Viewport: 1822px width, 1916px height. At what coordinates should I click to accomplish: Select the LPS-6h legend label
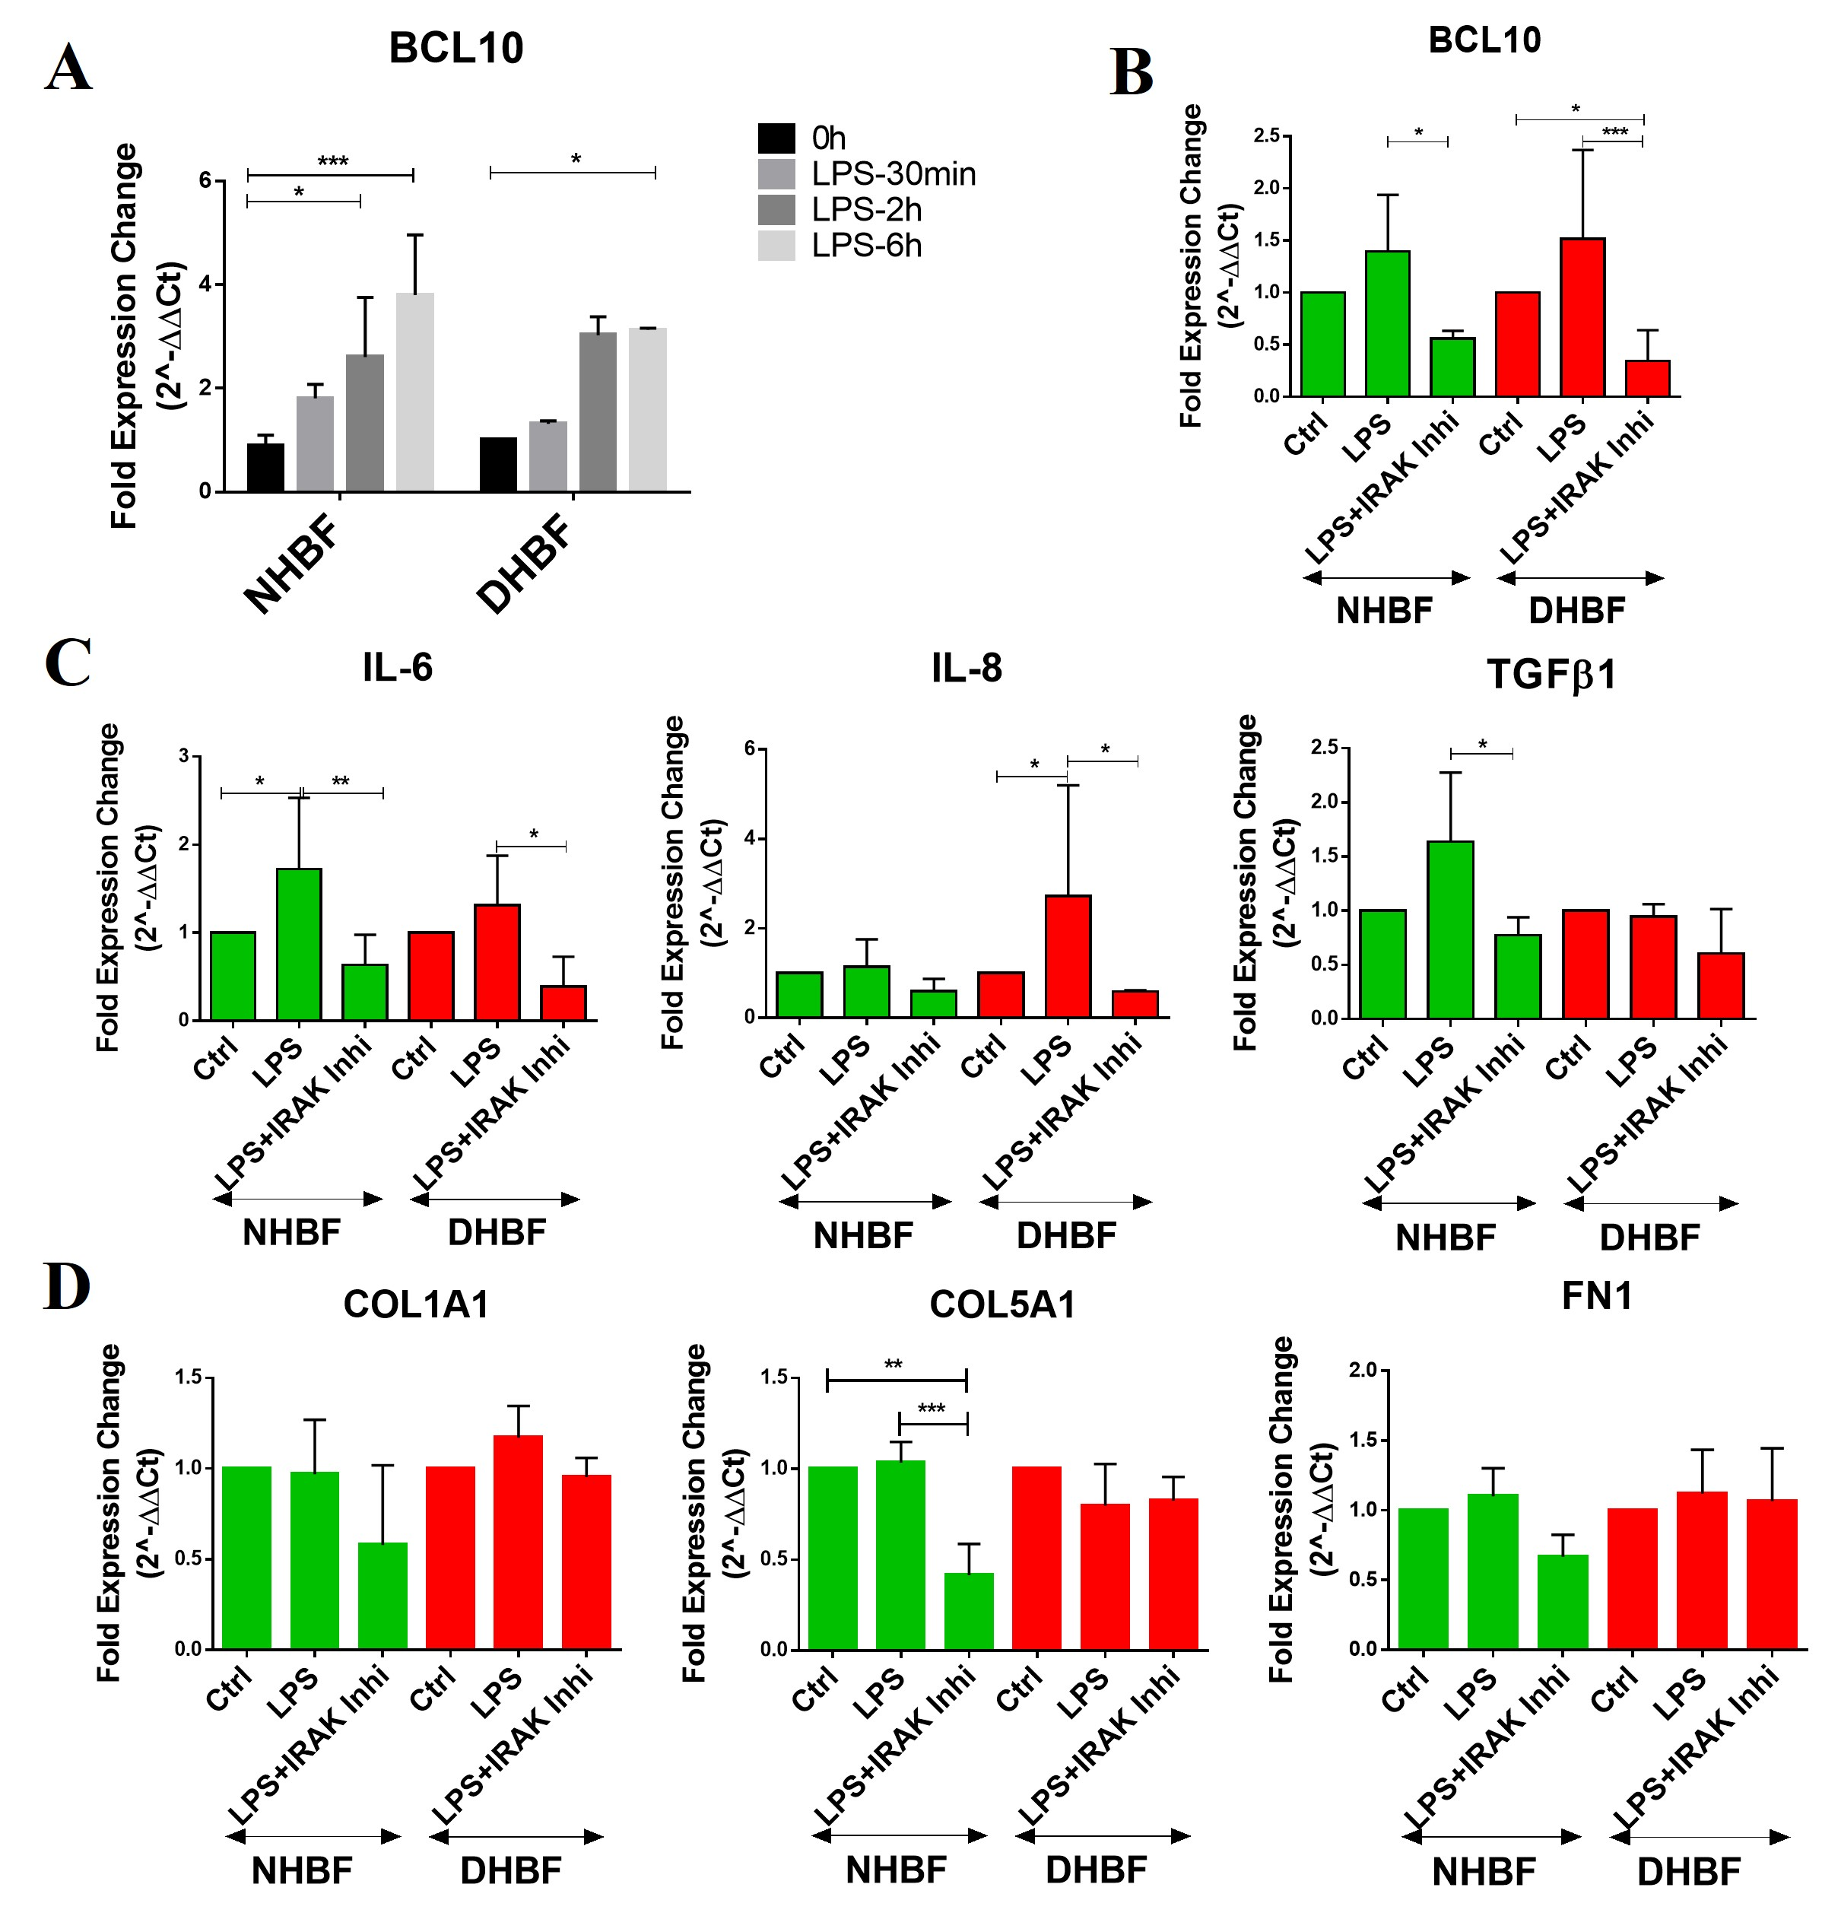point(866,246)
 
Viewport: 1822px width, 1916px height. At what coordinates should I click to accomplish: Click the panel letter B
point(1132,73)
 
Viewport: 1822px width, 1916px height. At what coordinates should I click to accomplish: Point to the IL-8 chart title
point(966,669)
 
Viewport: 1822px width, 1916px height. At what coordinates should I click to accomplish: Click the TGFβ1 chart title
point(1551,675)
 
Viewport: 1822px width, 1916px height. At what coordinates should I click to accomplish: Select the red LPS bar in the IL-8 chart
point(1068,956)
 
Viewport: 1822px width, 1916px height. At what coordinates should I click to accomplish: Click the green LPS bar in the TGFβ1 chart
point(1450,929)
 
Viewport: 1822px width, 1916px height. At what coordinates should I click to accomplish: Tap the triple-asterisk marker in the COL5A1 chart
point(931,1409)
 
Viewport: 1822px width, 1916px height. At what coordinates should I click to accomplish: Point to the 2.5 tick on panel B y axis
point(1265,135)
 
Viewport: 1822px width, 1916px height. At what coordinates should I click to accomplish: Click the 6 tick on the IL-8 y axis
point(749,748)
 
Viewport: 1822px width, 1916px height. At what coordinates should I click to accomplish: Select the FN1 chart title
point(1597,1296)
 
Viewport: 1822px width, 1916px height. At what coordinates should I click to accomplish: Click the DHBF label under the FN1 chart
point(1688,1871)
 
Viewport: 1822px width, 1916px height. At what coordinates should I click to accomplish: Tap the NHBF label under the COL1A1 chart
point(301,1870)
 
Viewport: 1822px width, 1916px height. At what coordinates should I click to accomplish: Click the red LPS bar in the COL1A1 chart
point(518,1542)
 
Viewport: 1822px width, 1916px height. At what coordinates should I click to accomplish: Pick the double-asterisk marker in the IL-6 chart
point(340,781)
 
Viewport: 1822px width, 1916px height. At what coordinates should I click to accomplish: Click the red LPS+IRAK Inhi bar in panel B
point(1647,378)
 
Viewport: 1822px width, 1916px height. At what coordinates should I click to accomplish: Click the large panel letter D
point(67,1288)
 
